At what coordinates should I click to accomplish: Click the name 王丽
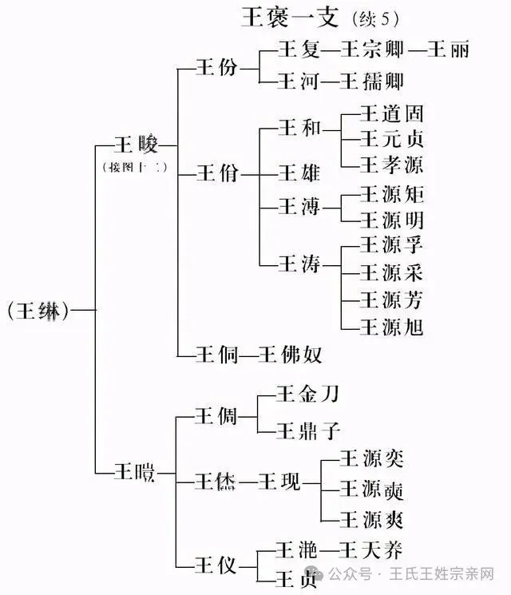448,50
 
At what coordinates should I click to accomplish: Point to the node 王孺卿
374,81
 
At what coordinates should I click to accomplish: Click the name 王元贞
391,139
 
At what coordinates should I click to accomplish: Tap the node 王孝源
391,165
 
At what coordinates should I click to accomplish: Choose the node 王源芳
391,299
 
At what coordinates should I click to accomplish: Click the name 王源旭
391,326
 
